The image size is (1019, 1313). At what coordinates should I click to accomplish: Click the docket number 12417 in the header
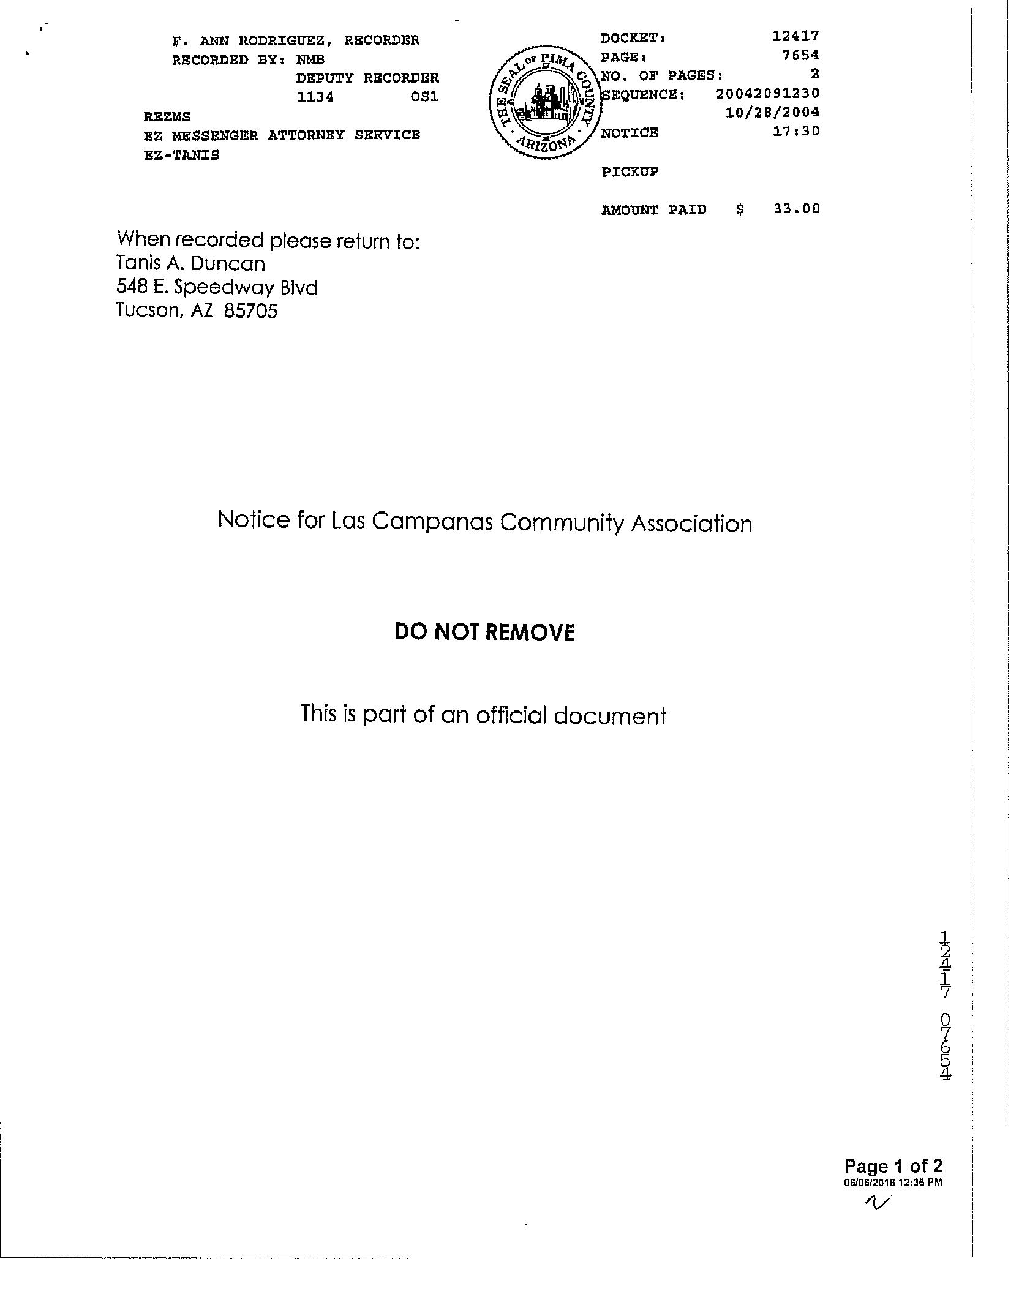click(x=795, y=36)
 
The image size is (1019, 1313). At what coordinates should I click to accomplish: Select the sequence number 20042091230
click(x=767, y=94)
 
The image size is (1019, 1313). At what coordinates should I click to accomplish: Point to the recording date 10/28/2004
click(x=772, y=113)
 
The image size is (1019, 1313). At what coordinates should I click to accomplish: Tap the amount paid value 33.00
click(x=796, y=209)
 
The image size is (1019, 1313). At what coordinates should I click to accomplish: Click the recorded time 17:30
click(x=796, y=131)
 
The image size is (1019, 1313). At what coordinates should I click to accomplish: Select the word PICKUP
click(x=630, y=172)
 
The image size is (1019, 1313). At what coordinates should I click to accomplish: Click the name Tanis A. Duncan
click(x=191, y=264)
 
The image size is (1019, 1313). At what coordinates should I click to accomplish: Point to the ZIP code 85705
click(x=250, y=311)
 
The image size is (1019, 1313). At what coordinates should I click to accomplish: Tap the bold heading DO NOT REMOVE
click(x=484, y=633)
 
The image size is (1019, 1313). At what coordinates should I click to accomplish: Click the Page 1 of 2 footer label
click(x=893, y=1166)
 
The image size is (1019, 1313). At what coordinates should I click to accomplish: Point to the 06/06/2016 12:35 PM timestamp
click(x=893, y=1183)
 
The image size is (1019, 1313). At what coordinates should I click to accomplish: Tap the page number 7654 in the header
click(x=800, y=55)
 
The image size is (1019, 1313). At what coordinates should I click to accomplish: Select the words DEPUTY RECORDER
click(x=367, y=78)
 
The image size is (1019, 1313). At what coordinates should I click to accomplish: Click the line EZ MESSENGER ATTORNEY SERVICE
click(x=282, y=135)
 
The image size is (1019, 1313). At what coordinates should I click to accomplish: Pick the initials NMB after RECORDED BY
click(x=310, y=60)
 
